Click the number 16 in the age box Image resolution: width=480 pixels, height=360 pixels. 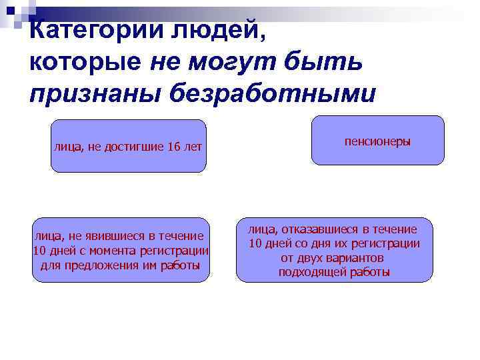(175, 147)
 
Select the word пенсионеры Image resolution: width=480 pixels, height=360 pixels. (377, 142)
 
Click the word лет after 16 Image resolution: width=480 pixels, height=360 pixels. (193, 147)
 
